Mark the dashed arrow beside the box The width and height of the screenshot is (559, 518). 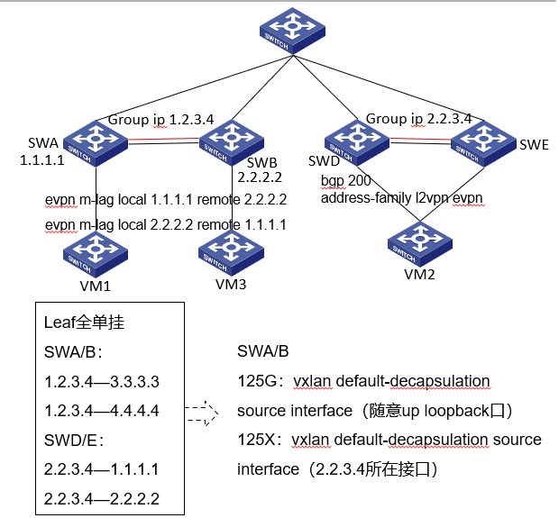coord(202,413)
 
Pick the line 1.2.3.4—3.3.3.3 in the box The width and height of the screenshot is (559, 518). coord(102,381)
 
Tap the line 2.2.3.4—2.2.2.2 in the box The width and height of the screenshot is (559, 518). coord(102,498)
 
